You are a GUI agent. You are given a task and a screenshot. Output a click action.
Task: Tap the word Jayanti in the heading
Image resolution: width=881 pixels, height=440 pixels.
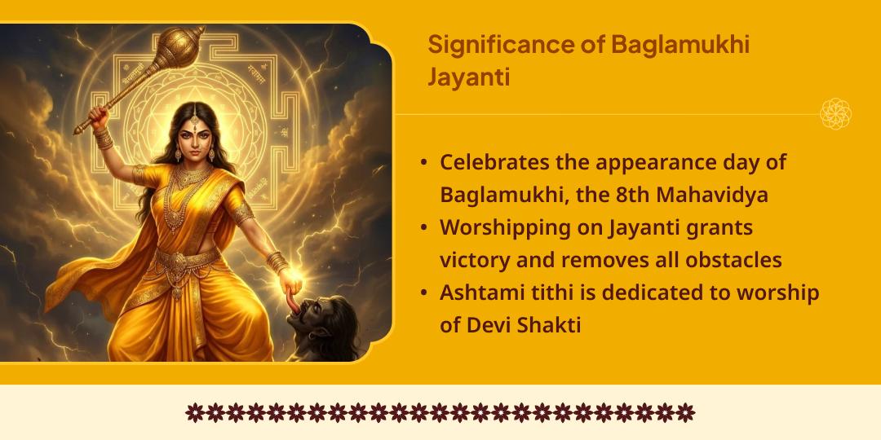point(469,77)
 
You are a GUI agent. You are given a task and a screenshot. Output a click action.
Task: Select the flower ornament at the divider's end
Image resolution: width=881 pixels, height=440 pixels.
point(835,114)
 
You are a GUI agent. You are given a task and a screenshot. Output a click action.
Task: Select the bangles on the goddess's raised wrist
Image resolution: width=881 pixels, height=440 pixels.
point(104,137)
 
